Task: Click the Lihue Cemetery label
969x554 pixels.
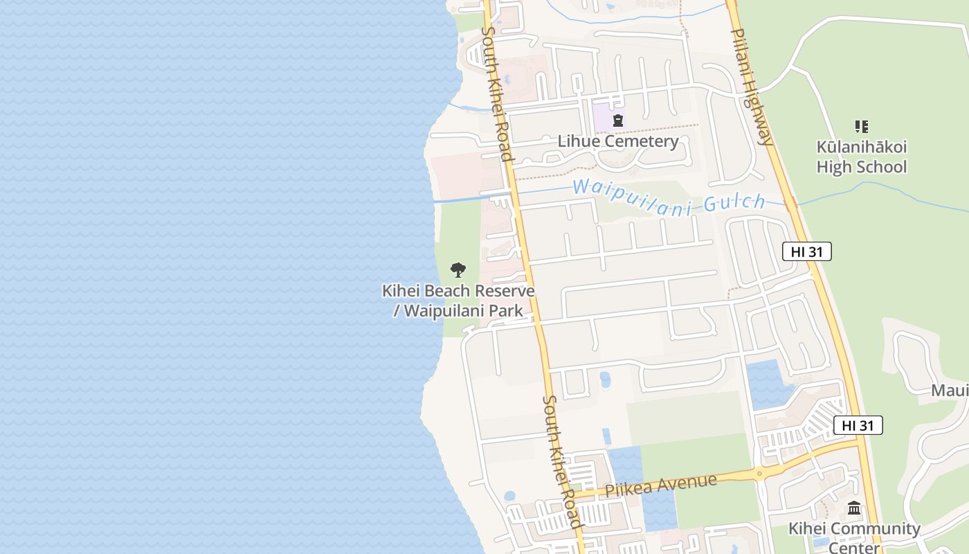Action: (x=618, y=141)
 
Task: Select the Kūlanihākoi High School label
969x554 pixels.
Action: (x=861, y=157)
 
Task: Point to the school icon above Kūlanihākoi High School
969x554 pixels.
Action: (x=861, y=127)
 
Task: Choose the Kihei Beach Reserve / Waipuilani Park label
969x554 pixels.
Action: (x=458, y=300)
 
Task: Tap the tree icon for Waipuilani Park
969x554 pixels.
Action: (x=458, y=270)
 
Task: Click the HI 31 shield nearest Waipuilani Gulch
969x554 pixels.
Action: (x=806, y=251)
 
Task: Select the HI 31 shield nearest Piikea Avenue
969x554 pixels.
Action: (x=858, y=425)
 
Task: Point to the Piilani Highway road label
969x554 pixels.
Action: (x=751, y=87)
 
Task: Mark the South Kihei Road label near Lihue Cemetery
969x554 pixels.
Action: (x=497, y=93)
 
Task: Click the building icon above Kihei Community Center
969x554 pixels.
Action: (x=854, y=509)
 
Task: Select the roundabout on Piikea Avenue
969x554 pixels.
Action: (x=759, y=474)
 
